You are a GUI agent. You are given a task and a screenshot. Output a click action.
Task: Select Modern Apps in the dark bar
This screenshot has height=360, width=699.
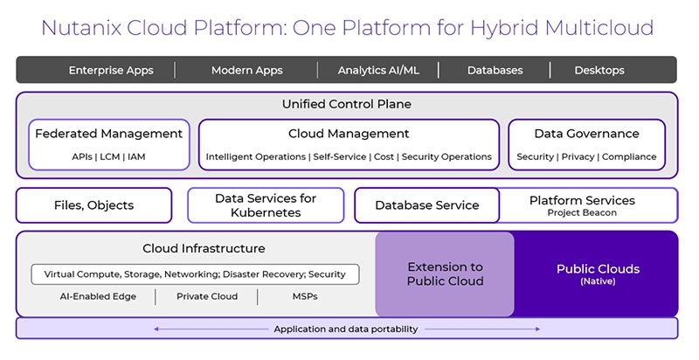(246, 70)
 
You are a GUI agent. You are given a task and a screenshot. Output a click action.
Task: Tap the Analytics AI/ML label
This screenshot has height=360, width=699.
(377, 70)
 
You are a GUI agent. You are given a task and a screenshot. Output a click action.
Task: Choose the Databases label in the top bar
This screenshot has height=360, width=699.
(495, 70)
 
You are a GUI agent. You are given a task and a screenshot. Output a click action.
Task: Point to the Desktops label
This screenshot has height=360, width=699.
(599, 70)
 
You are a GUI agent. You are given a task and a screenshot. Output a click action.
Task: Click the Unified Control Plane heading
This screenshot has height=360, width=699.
(346, 104)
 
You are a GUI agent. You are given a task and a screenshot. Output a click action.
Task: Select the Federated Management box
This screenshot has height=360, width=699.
(108, 144)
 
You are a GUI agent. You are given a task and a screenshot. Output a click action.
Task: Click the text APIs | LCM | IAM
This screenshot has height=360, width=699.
(108, 157)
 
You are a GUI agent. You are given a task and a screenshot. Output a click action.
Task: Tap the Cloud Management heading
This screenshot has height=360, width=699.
(349, 134)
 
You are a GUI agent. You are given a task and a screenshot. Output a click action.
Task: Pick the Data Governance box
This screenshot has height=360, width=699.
(586, 144)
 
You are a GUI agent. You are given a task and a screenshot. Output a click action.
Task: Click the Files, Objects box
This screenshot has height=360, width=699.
(93, 205)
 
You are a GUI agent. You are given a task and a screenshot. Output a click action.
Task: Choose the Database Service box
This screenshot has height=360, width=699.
(426, 205)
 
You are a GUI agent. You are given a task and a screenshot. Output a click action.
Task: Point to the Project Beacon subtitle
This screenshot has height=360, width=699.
(582, 213)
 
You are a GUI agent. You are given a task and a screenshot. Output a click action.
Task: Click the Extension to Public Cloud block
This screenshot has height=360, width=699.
(445, 274)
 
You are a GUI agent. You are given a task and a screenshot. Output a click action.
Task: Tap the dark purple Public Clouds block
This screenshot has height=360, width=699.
(598, 273)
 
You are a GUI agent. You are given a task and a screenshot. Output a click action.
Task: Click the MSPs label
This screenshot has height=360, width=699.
(304, 297)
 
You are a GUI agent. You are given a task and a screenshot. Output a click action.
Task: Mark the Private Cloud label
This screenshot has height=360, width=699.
(207, 297)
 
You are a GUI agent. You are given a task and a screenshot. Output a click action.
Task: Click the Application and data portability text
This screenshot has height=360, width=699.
(346, 329)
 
